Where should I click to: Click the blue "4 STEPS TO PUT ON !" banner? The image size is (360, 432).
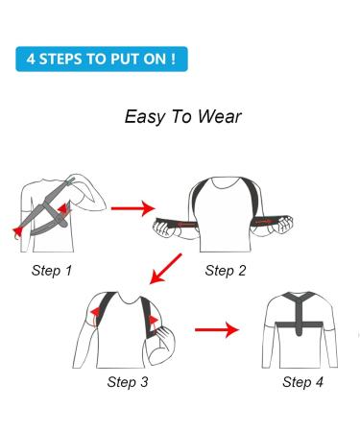(x=101, y=57)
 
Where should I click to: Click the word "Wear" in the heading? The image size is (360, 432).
(x=220, y=117)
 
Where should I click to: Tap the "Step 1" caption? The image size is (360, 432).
(x=51, y=271)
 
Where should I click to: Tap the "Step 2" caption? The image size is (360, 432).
(x=225, y=271)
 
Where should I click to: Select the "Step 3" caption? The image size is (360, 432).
(x=127, y=382)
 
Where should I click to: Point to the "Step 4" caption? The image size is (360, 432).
(x=302, y=382)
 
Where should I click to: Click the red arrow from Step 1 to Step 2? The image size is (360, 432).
(x=132, y=206)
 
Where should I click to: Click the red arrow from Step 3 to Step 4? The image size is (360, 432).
(x=216, y=331)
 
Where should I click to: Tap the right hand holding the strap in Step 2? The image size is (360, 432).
(x=291, y=228)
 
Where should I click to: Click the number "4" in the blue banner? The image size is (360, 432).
(x=31, y=57)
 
